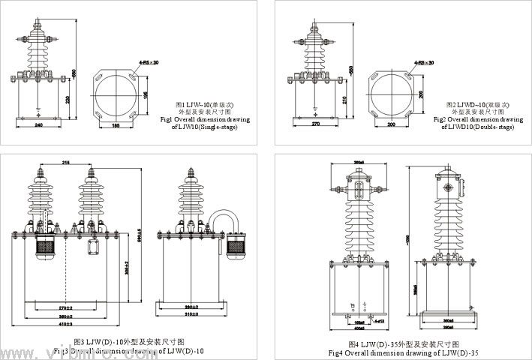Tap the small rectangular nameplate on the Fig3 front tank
pos(95,249)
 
